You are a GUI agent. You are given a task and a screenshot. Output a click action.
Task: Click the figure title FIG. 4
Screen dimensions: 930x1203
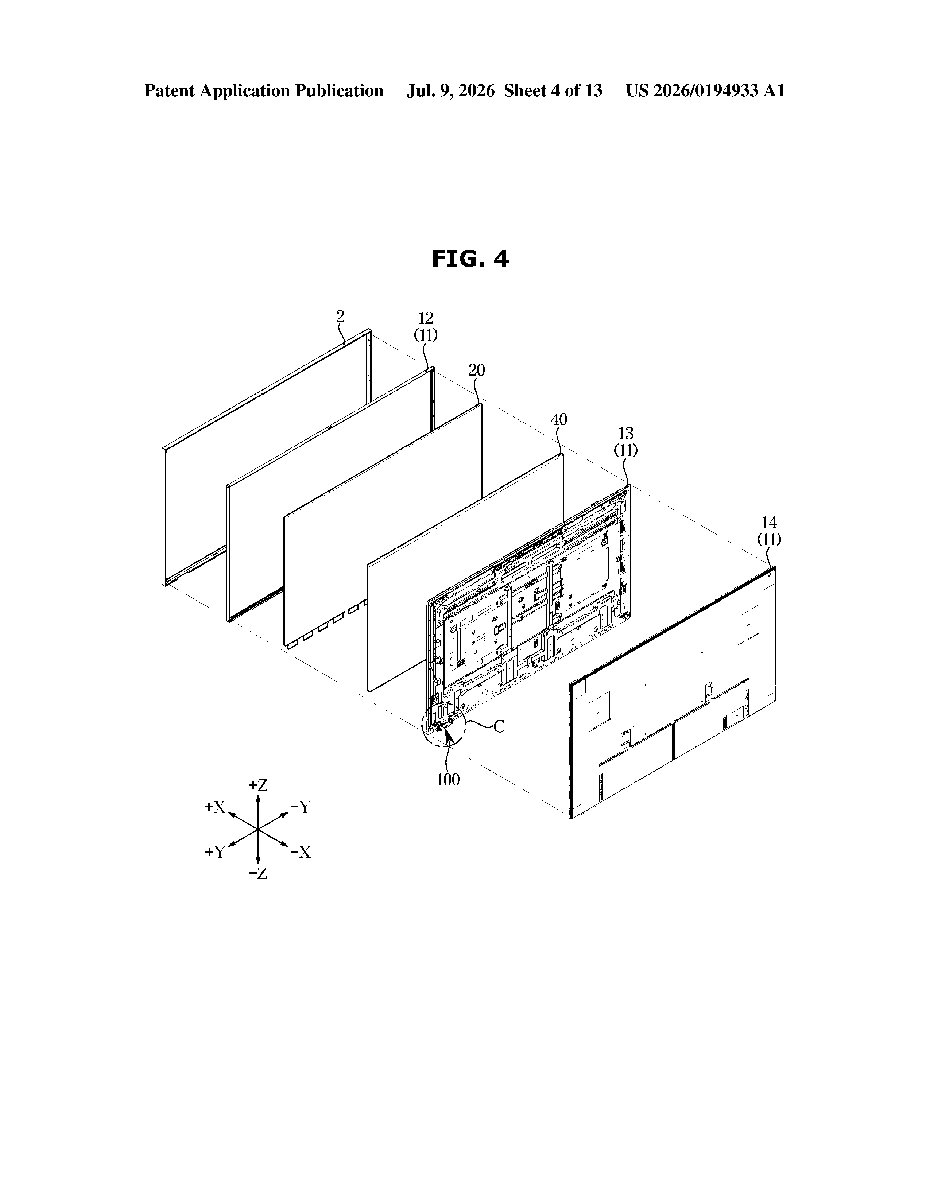point(470,259)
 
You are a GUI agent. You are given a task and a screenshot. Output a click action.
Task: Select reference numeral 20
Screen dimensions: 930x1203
point(477,370)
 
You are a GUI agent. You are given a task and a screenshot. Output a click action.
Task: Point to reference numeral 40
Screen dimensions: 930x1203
point(559,420)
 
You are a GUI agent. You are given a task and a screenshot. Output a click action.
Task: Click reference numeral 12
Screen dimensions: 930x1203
point(426,318)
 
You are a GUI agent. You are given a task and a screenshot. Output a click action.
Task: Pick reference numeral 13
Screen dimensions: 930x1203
point(626,434)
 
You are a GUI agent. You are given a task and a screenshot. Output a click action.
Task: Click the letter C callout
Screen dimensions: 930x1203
point(499,727)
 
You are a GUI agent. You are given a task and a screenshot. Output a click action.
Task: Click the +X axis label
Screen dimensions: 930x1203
point(215,807)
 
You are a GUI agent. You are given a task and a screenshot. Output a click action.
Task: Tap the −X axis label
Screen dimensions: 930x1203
point(301,852)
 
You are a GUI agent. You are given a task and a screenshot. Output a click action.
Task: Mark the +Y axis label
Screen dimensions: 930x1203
point(215,852)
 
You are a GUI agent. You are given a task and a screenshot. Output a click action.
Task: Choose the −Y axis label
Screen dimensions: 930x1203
point(301,807)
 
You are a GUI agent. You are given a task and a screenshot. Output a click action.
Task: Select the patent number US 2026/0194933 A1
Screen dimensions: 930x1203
point(705,90)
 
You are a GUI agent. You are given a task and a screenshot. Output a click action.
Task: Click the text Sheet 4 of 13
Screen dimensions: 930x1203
point(553,90)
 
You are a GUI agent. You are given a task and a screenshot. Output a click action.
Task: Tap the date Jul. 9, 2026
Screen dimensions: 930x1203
point(451,90)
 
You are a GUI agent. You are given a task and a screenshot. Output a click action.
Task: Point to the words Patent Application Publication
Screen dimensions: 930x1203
point(264,90)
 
